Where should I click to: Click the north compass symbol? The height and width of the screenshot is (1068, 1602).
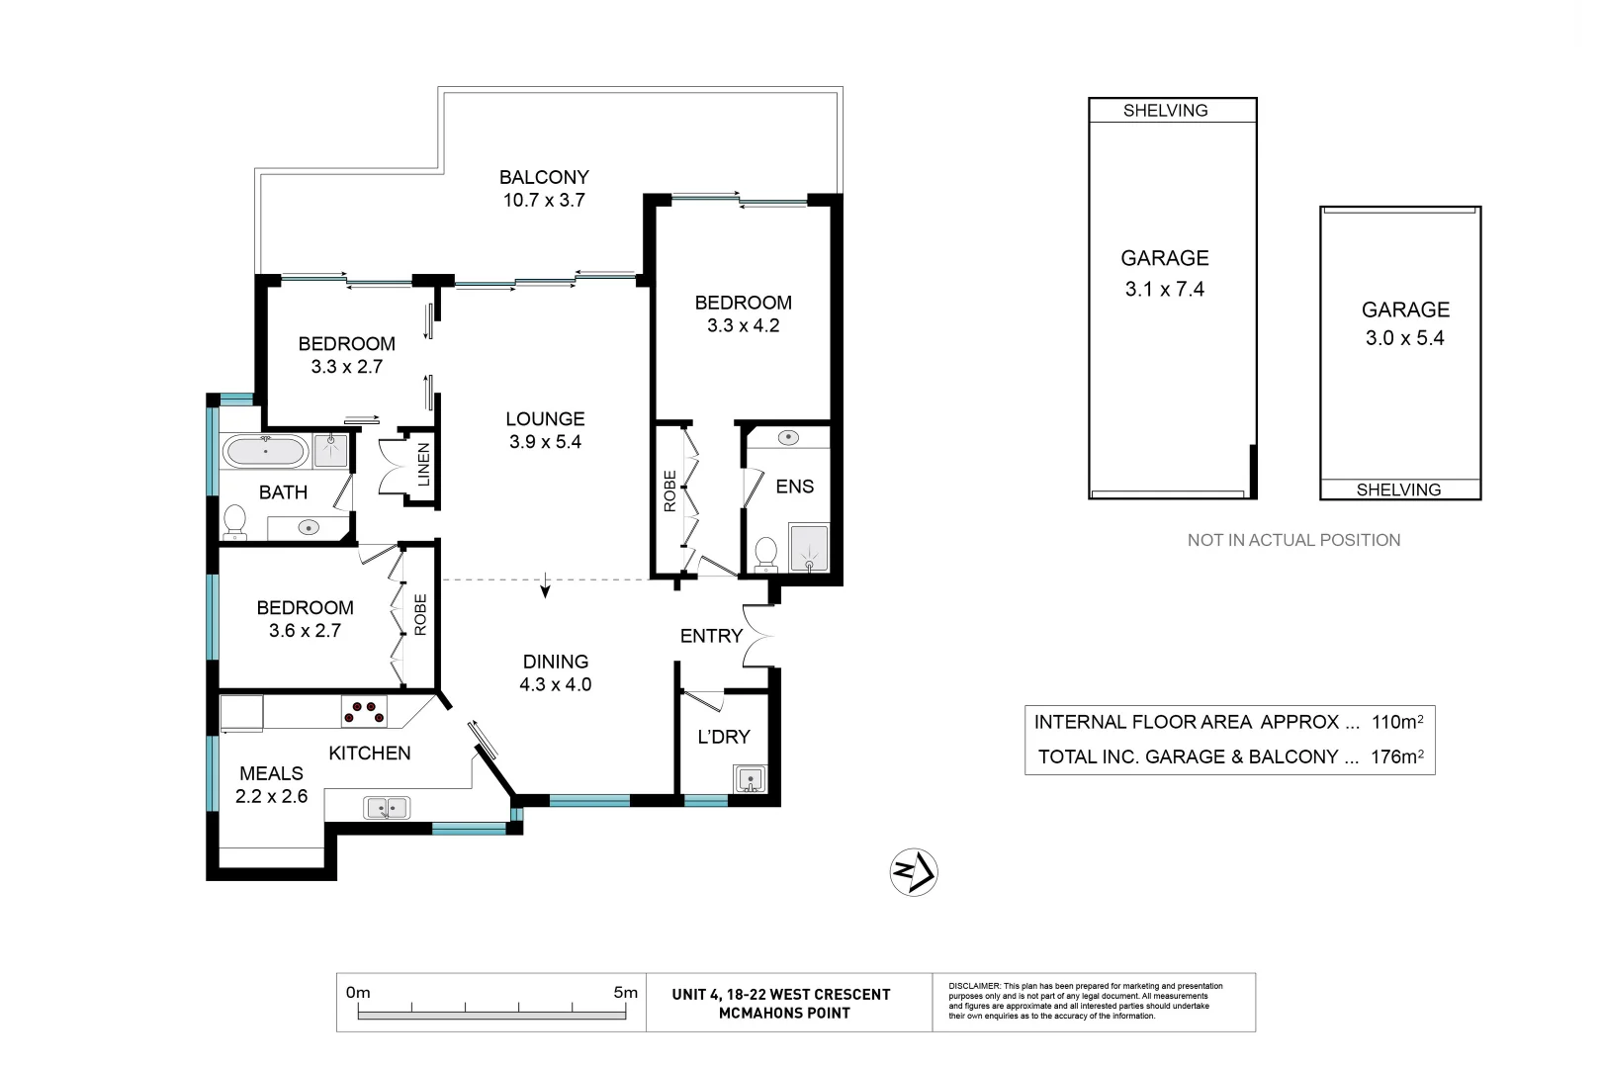point(914,871)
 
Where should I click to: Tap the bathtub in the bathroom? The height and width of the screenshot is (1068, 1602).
point(265,452)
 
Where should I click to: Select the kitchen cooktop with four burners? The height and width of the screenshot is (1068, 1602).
point(364,712)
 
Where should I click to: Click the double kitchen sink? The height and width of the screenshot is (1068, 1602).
point(387,808)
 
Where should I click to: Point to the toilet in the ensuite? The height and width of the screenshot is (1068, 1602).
point(766,555)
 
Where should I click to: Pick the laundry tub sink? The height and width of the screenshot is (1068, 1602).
point(750,779)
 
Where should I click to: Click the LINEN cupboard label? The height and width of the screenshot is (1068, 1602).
point(423,464)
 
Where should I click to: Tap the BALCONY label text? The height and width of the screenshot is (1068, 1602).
point(544,177)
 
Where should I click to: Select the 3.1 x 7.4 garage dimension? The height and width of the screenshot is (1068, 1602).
point(1165,289)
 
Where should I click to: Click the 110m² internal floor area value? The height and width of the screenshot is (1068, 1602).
point(1396,722)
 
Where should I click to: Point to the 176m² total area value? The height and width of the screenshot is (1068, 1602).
point(1396,756)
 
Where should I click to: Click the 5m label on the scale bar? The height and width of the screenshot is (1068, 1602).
point(625,992)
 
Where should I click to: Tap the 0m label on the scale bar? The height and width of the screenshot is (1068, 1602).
point(358,992)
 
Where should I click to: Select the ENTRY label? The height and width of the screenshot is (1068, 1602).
point(711,636)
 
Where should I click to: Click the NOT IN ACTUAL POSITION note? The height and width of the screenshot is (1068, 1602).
point(1293,540)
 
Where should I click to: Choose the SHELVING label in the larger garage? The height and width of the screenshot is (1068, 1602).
point(1166,110)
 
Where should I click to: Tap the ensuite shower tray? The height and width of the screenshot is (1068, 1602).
point(809,548)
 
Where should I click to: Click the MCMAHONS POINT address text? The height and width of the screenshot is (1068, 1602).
point(784,1013)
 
